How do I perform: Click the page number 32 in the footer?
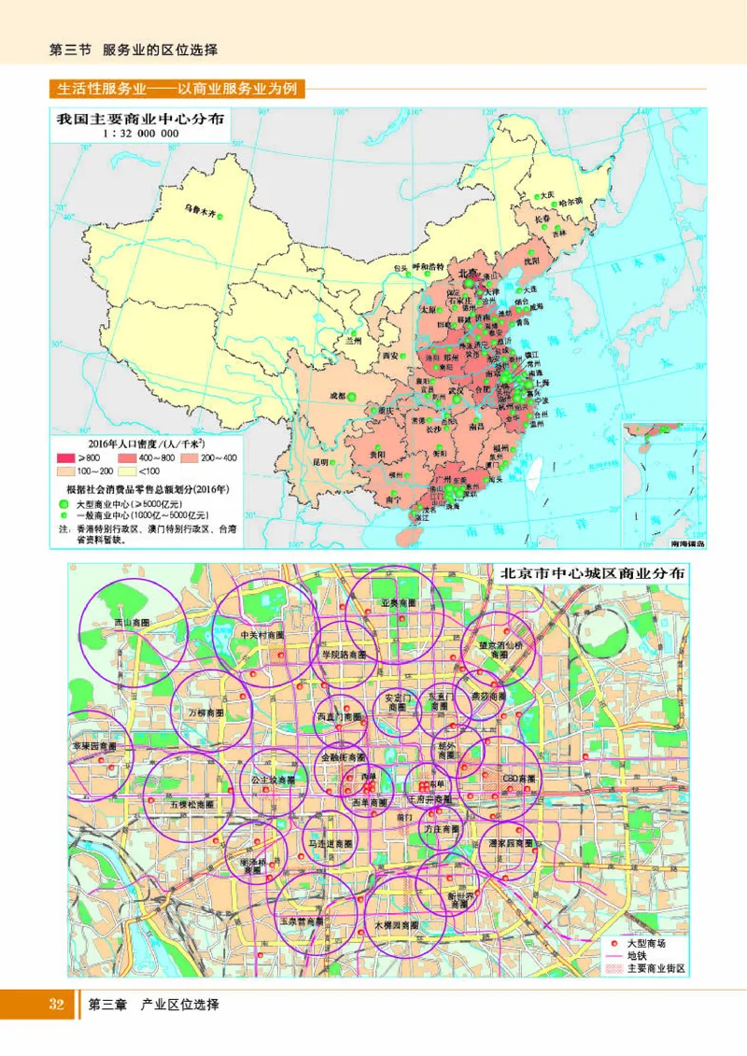click(56, 1005)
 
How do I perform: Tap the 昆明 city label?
click(322, 461)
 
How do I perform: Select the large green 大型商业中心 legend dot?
click(63, 503)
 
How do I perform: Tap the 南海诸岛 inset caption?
click(688, 542)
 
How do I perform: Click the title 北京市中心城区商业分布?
click(592, 573)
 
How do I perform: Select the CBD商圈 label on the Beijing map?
click(519, 777)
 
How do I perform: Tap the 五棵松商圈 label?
click(191, 802)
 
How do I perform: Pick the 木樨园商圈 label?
click(396, 924)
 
